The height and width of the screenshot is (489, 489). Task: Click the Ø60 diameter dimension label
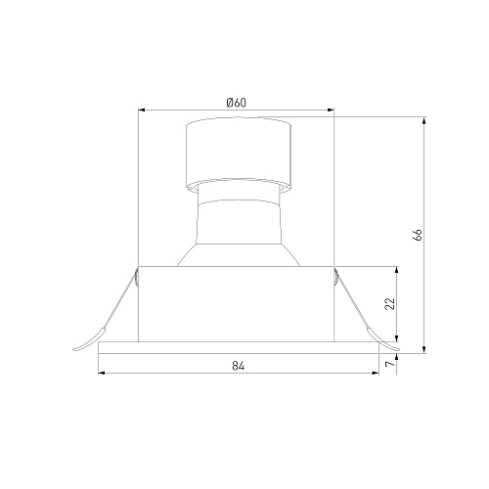pyautogui.click(x=237, y=103)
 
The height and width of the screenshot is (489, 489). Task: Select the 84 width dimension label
pyautogui.click(x=239, y=366)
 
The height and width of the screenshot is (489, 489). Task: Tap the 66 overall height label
pyautogui.click(x=418, y=235)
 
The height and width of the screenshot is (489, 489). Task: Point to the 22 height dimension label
pyautogui.click(x=390, y=304)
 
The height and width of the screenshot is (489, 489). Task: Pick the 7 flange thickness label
pyautogui.click(x=390, y=363)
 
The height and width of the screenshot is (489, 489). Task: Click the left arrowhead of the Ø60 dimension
pyautogui.click(x=142, y=111)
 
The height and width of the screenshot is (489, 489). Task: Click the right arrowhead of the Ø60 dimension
pyautogui.click(x=331, y=111)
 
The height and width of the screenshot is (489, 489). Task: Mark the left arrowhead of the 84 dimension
pyautogui.click(x=102, y=373)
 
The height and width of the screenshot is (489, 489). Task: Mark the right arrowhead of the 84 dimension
pyautogui.click(x=376, y=373)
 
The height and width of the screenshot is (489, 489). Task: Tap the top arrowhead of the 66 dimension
pyautogui.click(x=424, y=120)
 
